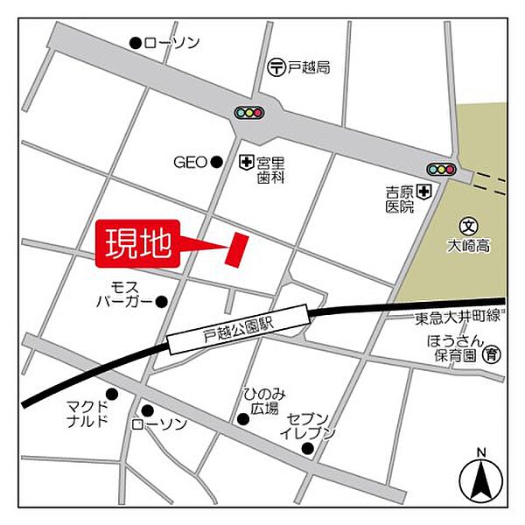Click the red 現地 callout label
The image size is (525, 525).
pos(138,245)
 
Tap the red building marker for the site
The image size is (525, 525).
pos(237,249)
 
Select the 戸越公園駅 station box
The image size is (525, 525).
pos(238,329)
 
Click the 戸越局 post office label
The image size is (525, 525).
pos(311,66)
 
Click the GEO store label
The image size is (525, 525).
pos(189,162)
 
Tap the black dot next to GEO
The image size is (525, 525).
pos(216,162)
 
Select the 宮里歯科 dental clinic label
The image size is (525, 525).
pos(271,170)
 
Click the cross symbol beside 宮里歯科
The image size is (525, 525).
pos(246,162)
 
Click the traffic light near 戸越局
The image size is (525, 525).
pos(249,113)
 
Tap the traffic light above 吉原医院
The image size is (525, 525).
pos(440,169)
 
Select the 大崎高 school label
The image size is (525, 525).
pos(468,247)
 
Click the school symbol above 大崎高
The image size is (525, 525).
pos(468,226)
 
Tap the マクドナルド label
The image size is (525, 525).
pos(87,413)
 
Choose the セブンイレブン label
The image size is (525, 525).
pos(308,425)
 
